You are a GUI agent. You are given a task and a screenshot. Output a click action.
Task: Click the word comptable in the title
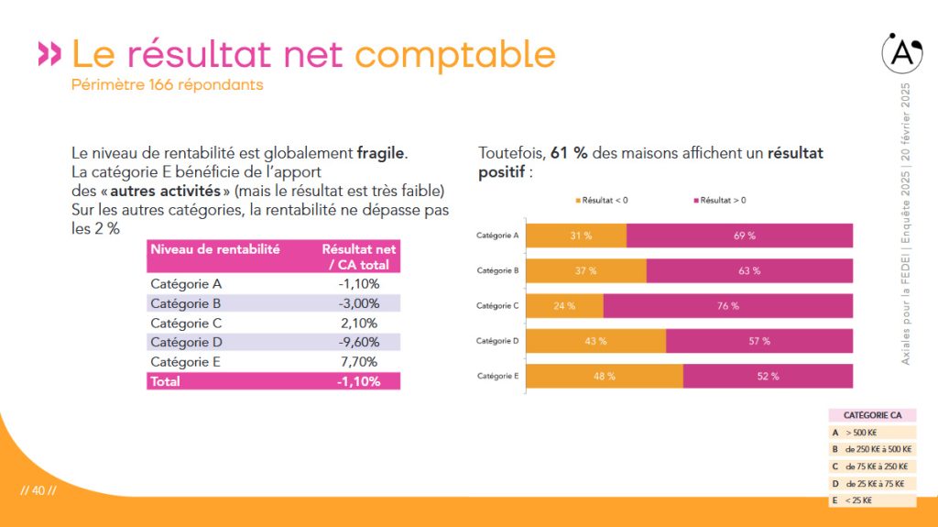(x=455, y=55)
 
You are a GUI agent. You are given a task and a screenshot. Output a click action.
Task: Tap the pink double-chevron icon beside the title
(x=49, y=53)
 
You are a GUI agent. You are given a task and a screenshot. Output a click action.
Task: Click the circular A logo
(x=902, y=53)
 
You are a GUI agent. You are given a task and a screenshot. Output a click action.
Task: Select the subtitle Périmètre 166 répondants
(x=167, y=85)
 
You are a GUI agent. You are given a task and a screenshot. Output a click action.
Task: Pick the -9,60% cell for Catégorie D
(x=359, y=342)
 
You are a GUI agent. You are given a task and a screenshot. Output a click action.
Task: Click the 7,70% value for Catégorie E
(x=359, y=362)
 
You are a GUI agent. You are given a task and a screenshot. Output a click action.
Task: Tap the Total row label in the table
(x=165, y=381)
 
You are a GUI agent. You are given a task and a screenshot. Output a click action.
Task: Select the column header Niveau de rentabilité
(x=214, y=249)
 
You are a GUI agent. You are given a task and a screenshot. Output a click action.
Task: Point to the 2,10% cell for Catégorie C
(x=359, y=324)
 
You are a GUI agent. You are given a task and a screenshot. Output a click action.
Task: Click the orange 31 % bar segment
(x=576, y=236)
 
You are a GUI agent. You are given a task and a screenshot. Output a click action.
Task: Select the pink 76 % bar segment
(x=728, y=306)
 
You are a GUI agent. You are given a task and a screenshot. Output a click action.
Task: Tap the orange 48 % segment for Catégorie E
(x=605, y=376)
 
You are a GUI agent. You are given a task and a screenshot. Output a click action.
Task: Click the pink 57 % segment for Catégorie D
(x=759, y=341)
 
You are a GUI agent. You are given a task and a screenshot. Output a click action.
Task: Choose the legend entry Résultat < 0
(x=602, y=201)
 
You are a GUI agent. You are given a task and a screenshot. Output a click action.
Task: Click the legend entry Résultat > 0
(x=720, y=201)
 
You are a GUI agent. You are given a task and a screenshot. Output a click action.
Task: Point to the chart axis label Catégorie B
(x=497, y=270)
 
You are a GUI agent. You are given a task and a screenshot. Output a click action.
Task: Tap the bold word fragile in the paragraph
(x=380, y=153)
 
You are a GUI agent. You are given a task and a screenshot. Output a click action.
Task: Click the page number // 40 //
(x=38, y=490)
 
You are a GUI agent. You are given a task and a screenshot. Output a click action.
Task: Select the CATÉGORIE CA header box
(x=872, y=415)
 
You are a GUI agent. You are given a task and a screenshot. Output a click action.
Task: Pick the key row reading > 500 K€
(x=872, y=433)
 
